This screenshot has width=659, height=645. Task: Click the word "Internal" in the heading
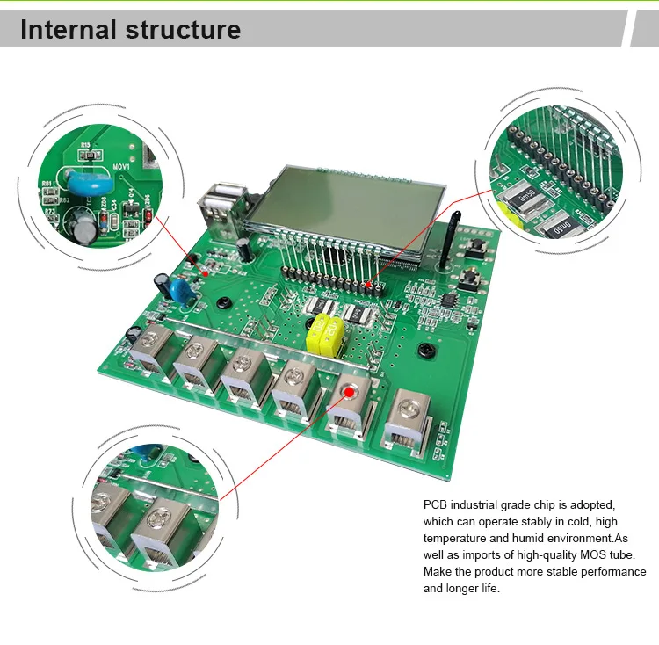tap(69, 30)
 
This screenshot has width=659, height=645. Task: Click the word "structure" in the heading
tap(183, 30)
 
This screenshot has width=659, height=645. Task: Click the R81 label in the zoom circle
tap(47, 184)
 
